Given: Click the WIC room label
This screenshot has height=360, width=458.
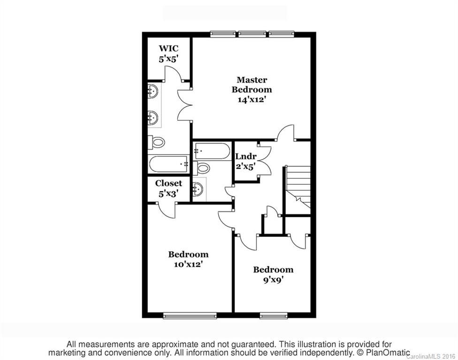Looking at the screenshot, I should click(x=168, y=48).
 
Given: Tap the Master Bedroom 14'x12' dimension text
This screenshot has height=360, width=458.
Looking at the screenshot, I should click(x=252, y=99).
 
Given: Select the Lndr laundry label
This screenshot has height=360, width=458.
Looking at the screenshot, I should click(x=245, y=156).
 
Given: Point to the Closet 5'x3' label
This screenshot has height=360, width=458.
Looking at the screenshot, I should click(x=168, y=183).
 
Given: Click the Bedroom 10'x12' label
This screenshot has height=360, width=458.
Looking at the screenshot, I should click(x=188, y=255).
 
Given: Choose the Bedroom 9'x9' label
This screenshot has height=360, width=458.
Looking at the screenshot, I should click(x=273, y=270).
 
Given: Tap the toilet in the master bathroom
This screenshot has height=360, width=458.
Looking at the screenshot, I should click(x=158, y=141).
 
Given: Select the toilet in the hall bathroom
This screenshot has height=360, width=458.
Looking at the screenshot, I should click(x=203, y=167).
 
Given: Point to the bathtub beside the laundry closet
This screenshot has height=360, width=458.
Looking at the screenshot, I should click(x=212, y=151).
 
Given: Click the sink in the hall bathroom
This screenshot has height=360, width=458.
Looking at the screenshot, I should click(x=198, y=189).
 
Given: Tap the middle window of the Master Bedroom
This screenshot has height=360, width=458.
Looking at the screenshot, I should click(x=252, y=33).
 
